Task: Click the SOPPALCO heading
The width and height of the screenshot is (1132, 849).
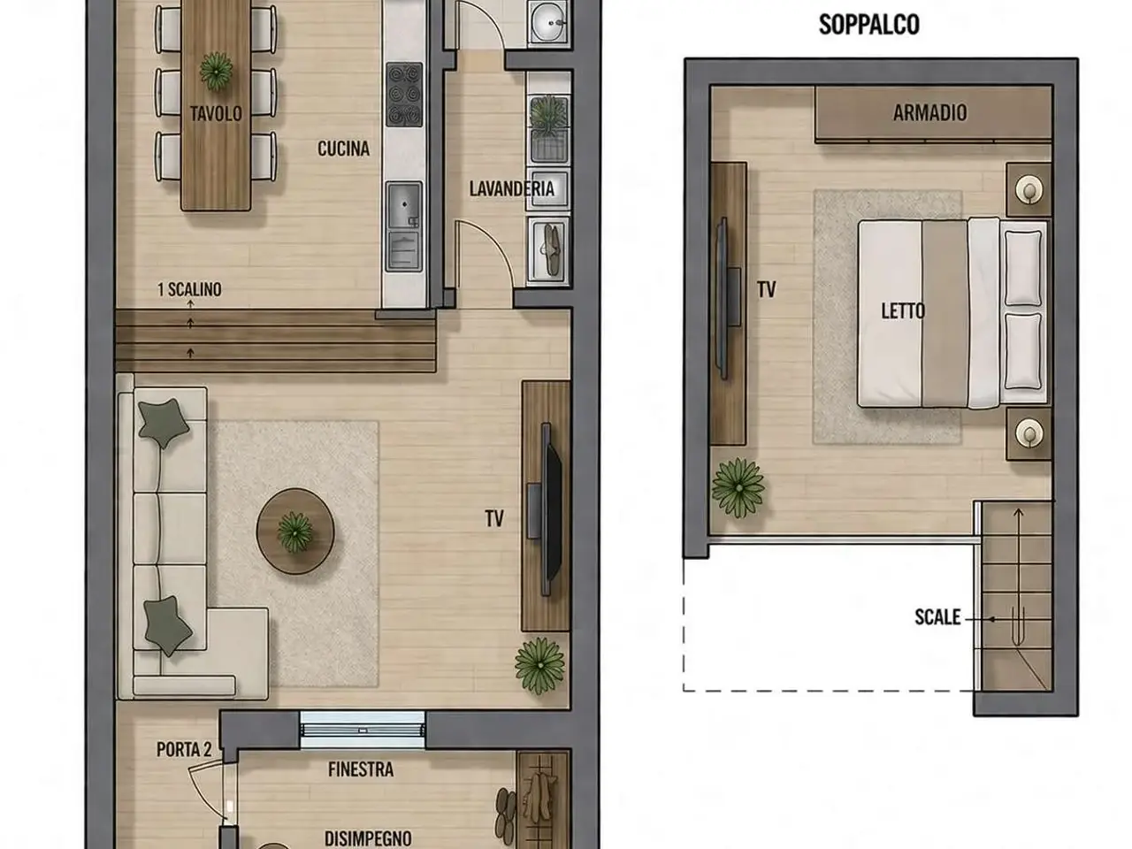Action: coord(869,25)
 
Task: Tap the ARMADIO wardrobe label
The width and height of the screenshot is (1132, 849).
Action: coord(929,113)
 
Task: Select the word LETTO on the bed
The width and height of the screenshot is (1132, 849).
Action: coord(903,310)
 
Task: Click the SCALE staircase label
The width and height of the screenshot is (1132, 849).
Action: coord(937,617)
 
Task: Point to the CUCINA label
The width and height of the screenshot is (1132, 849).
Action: coord(343,149)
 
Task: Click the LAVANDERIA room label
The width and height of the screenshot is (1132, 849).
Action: coord(511,188)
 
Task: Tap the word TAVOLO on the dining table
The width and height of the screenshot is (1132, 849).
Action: coord(216,113)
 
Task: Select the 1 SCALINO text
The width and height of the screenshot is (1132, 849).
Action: coord(189,289)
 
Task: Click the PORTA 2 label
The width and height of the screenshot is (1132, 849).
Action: coord(184,750)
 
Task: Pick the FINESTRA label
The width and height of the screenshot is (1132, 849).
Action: coord(361,769)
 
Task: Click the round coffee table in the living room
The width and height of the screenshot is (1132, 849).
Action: coord(295,531)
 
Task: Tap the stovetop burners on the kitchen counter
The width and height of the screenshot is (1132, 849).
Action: coord(404,95)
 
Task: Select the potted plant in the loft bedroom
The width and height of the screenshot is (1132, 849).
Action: coord(738,487)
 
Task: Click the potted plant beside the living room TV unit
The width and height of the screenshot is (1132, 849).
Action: coord(540,665)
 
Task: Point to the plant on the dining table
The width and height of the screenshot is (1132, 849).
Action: coord(216,71)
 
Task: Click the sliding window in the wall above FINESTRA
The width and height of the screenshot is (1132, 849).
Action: coord(363,730)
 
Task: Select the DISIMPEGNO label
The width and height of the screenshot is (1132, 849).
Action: coord(368,838)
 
